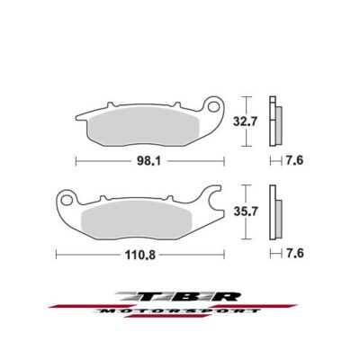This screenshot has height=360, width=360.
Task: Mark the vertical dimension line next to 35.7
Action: (x=245, y=215)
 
